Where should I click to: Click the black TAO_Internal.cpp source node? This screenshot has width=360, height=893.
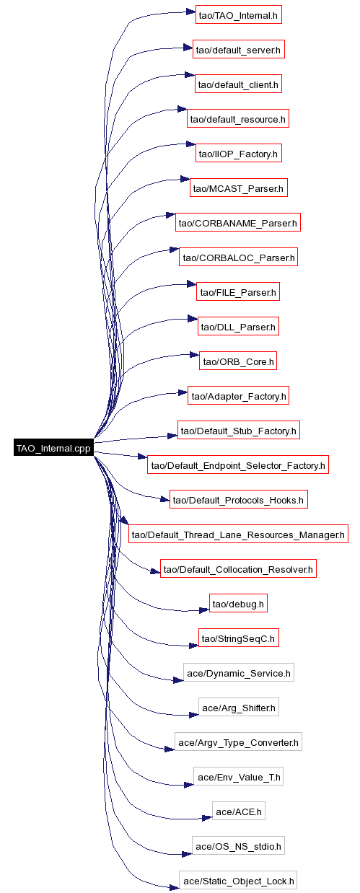click(x=53, y=448)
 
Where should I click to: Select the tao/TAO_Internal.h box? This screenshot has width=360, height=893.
click(x=238, y=14)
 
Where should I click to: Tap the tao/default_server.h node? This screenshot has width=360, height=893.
click(x=238, y=50)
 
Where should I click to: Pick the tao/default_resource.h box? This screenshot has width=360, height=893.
click(x=238, y=119)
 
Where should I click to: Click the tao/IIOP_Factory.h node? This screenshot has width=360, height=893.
click(x=238, y=154)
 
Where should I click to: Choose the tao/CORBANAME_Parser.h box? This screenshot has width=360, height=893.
click(x=238, y=223)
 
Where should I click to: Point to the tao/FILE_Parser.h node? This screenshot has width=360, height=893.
click(x=238, y=292)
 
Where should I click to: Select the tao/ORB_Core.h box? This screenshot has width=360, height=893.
click(x=238, y=361)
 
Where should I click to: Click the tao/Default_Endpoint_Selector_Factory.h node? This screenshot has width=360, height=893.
click(x=238, y=465)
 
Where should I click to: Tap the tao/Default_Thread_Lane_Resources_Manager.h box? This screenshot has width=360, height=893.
click(x=238, y=535)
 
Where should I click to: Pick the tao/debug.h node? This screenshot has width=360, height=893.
click(x=238, y=604)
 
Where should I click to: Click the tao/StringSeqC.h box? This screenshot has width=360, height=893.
click(x=238, y=638)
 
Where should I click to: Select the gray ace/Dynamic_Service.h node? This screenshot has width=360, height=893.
click(x=238, y=673)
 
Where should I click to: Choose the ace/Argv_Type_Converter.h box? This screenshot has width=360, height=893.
click(x=238, y=742)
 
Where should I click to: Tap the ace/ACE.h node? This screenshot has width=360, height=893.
click(x=238, y=811)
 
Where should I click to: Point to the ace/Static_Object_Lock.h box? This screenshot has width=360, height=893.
click(x=238, y=881)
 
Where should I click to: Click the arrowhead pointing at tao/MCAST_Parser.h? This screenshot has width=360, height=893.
click(x=185, y=180)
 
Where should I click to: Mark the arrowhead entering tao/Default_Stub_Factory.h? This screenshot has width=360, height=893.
click(x=172, y=436)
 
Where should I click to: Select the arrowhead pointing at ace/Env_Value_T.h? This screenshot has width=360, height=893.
click(x=189, y=785)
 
